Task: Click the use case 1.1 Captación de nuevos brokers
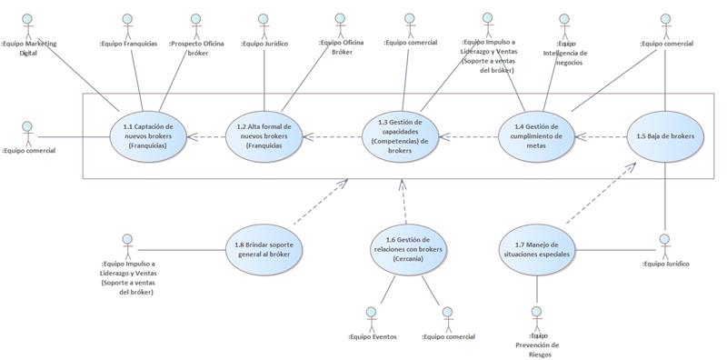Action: pos(147,137)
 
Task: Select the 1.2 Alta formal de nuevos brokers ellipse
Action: pos(264,137)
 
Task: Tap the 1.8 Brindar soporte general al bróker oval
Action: pos(263,249)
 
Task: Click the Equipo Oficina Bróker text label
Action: pos(341,47)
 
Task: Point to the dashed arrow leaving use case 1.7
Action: pos(599,195)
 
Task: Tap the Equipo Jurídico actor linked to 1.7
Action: pos(664,244)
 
